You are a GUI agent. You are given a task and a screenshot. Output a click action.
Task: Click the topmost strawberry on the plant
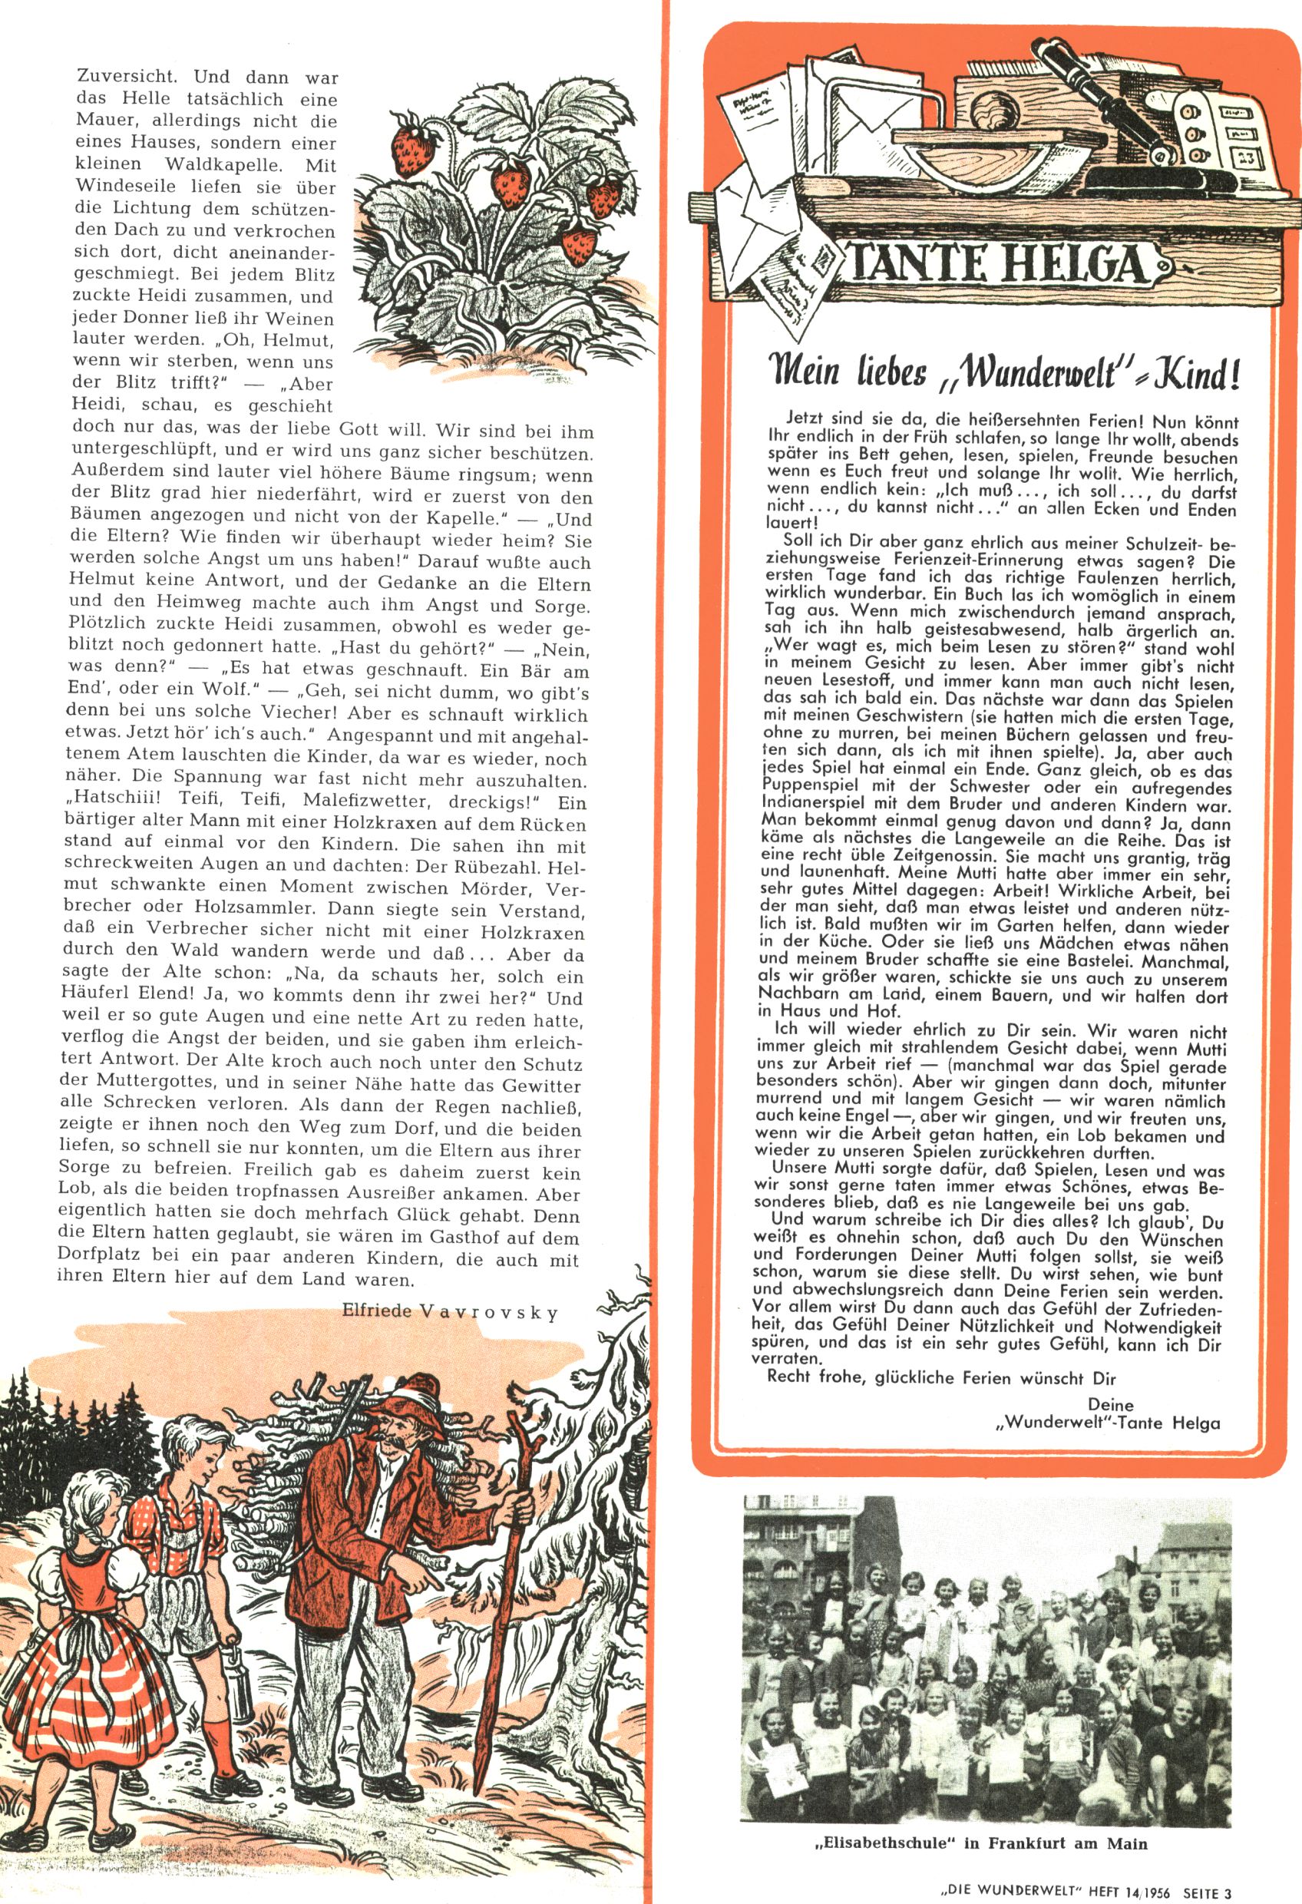click(x=407, y=131)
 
